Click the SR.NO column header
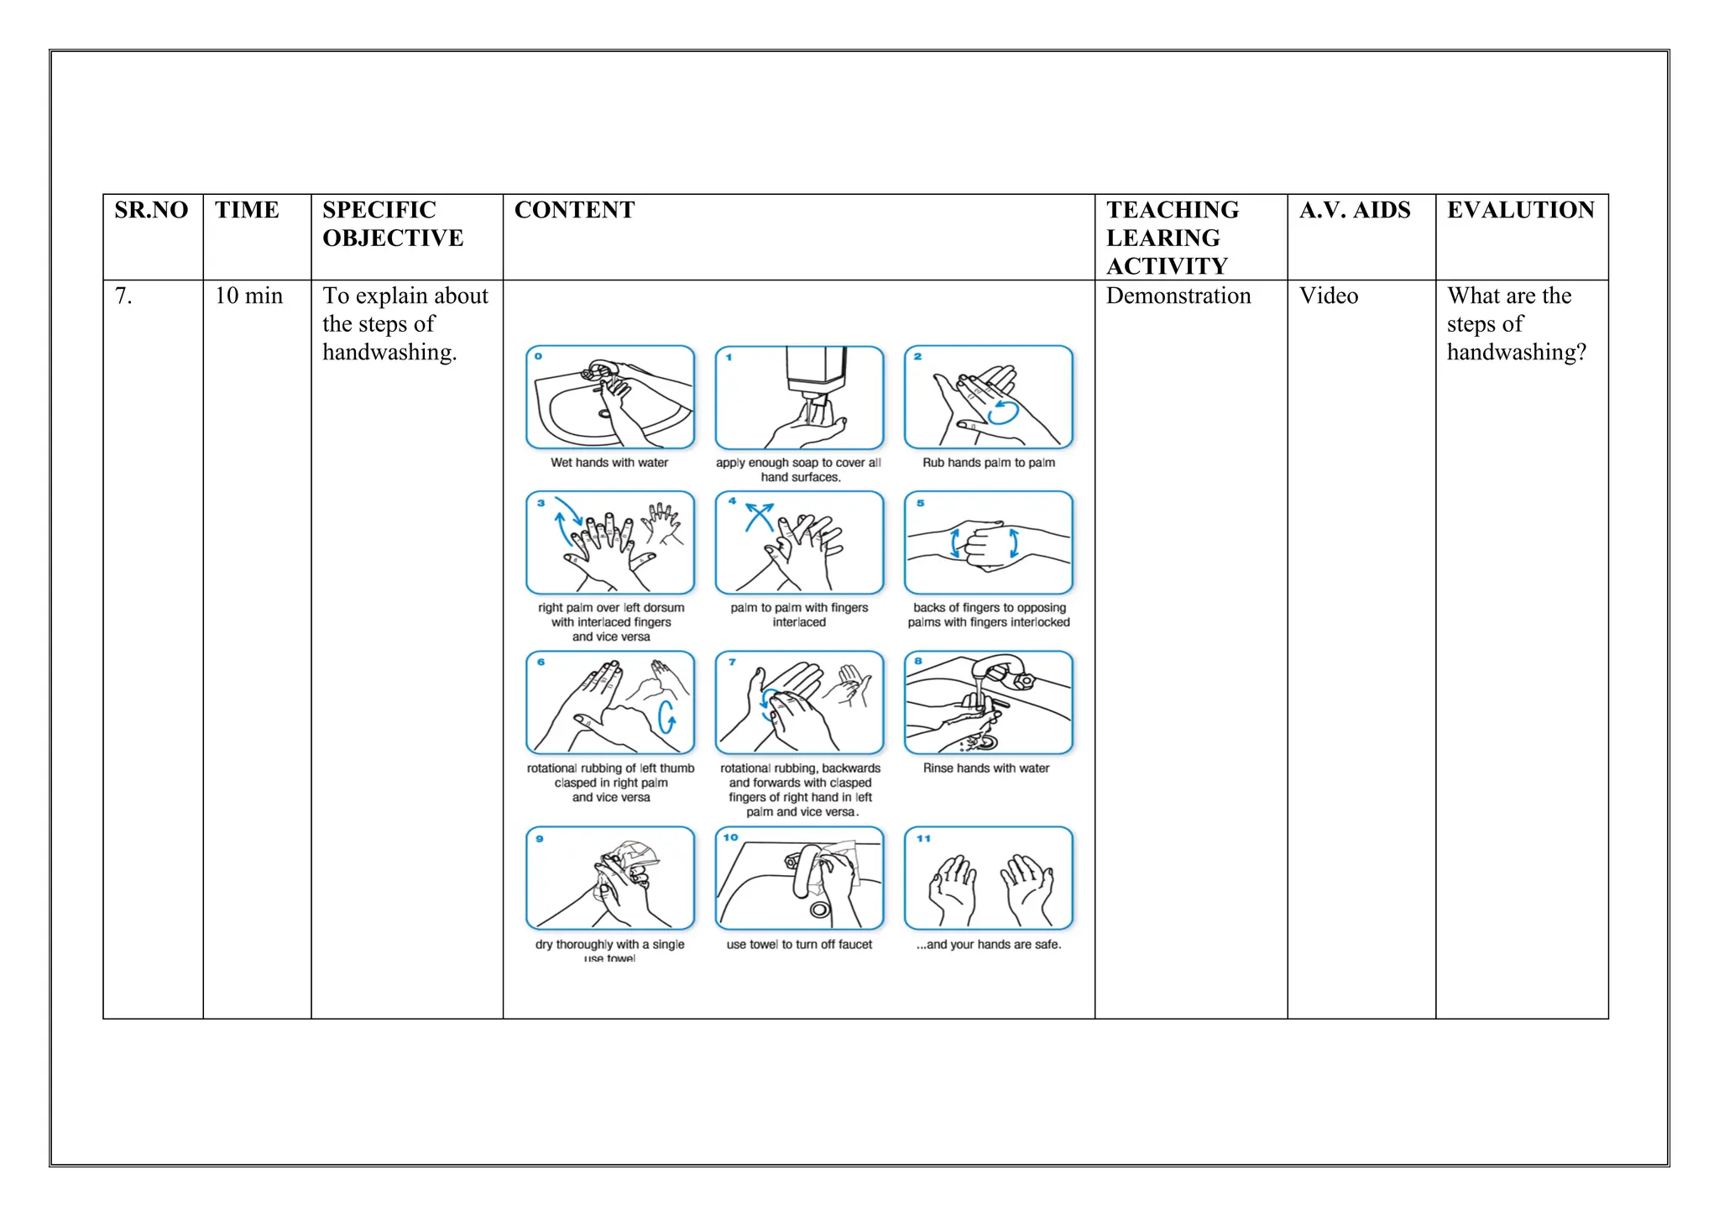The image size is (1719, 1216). [151, 210]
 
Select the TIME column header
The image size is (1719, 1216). [247, 210]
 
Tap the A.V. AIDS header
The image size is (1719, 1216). [1355, 210]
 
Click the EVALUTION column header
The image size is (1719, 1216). [1520, 210]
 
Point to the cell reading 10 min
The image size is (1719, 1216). [248, 296]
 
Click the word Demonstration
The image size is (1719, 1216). [1178, 296]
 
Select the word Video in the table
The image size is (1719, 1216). [1328, 296]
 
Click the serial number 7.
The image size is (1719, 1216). [123, 296]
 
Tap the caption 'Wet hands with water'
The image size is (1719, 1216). [609, 463]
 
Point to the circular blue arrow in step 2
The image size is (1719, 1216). [1003, 411]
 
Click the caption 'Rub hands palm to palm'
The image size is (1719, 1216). [988, 463]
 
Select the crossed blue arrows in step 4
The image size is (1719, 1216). [760, 516]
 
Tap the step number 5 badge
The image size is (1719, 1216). [920, 503]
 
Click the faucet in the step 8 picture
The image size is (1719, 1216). [1003, 671]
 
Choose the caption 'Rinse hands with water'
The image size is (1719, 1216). [986, 768]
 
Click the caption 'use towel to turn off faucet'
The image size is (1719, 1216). [799, 945]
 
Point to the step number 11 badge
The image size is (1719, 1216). [923, 838]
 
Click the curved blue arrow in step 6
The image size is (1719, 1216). [666, 716]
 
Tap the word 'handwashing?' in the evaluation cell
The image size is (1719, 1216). [1516, 352]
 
